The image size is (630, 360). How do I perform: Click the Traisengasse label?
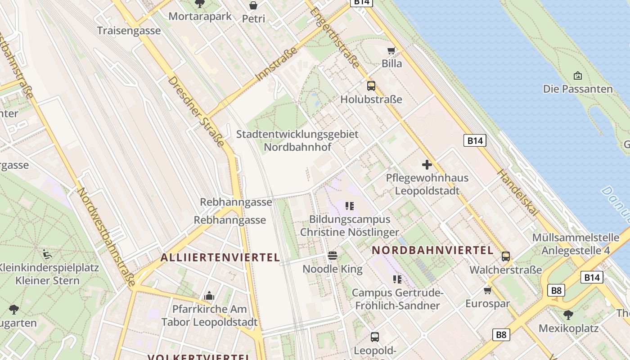click(x=129, y=31)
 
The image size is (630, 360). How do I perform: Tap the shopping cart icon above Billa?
click(x=391, y=50)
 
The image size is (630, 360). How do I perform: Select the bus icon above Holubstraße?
click(x=371, y=85)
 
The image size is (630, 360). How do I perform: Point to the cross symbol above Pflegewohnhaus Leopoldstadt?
click(x=427, y=165)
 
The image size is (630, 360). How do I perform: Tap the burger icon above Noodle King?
click(x=333, y=256)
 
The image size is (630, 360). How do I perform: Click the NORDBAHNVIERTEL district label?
click(x=433, y=250)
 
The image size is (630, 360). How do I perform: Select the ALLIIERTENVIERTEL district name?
click(x=220, y=257)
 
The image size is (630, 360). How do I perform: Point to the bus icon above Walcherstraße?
click(x=506, y=256)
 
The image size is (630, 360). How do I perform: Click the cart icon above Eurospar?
click(x=488, y=290)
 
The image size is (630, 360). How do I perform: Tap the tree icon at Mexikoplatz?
click(x=568, y=314)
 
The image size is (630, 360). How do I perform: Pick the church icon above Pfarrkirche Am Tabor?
click(x=209, y=296)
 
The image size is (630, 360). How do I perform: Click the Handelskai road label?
click(x=517, y=193)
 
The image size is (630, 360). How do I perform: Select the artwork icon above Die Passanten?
click(x=578, y=76)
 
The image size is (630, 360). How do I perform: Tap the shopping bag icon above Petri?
click(x=253, y=5)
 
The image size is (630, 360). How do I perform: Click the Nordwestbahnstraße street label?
click(x=106, y=237)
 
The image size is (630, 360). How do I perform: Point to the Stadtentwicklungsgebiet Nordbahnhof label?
click(x=297, y=140)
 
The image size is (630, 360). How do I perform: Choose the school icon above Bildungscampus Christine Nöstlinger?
click(x=349, y=206)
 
